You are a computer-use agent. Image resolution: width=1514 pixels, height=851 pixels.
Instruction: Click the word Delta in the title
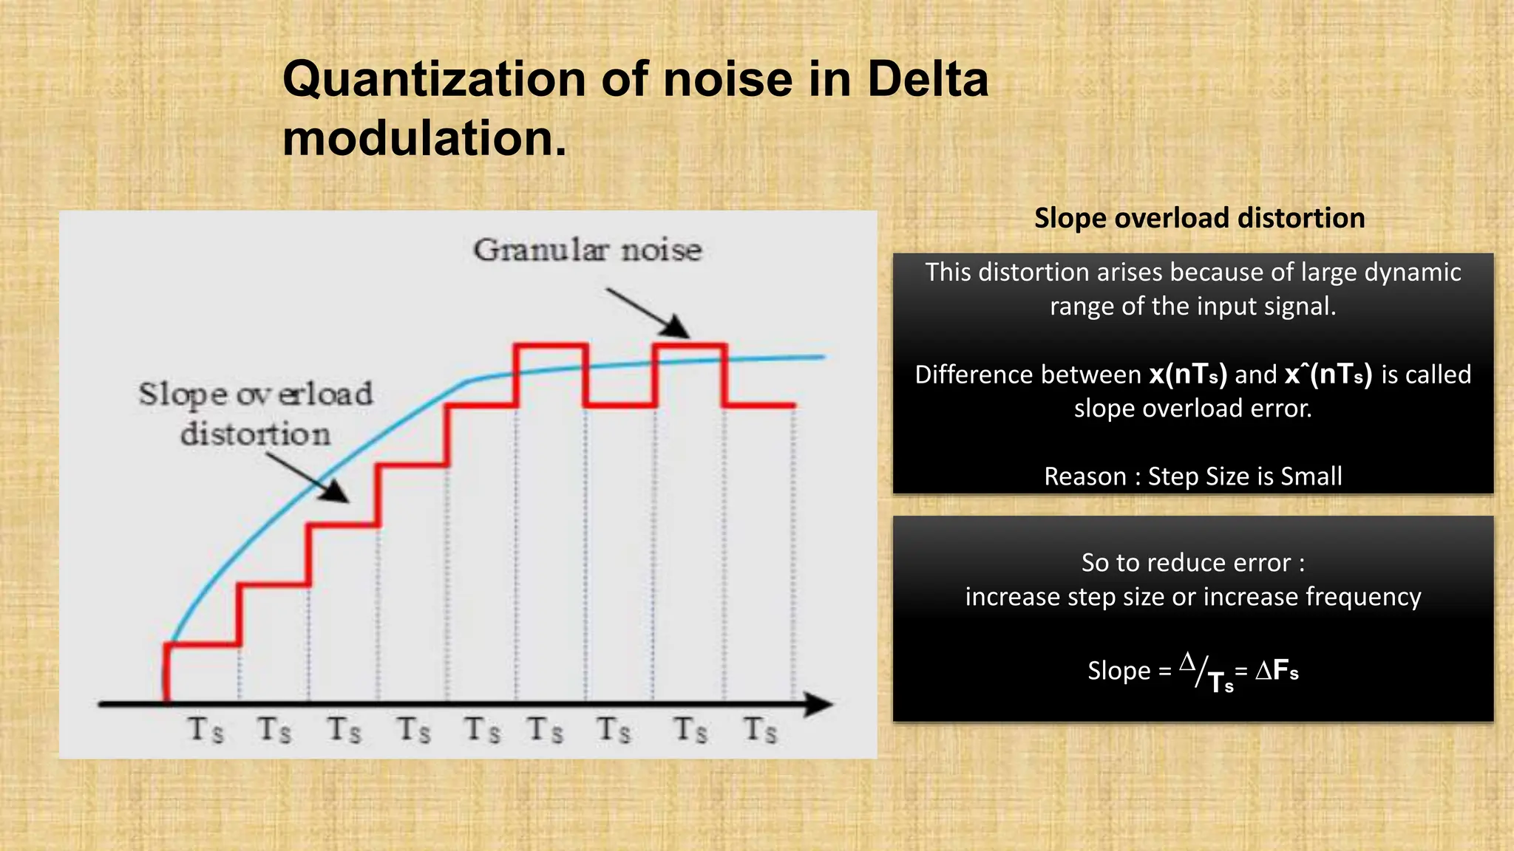(x=927, y=79)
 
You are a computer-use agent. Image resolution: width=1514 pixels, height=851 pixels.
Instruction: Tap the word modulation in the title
(x=424, y=139)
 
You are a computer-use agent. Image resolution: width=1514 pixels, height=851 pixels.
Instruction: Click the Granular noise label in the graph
(x=588, y=250)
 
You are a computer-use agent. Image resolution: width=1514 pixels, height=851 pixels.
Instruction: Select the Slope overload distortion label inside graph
(x=256, y=414)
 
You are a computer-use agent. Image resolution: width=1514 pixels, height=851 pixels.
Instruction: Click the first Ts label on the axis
(x=206, y=730)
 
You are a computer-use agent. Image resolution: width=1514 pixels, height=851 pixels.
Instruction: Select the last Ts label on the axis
(x=760, y=730)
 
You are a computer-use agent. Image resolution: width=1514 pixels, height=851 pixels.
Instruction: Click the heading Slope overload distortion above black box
(x=1199, y=218)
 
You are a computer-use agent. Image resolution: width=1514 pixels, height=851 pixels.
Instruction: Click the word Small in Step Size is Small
(x=1311, y=476)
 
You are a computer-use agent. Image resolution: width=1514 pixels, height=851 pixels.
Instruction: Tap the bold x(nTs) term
(x=1187, y=375)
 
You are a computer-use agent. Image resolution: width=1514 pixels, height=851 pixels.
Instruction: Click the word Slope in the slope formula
(x=1118, y=671)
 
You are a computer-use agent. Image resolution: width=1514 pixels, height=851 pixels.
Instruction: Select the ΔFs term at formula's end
(x=1277, y=671)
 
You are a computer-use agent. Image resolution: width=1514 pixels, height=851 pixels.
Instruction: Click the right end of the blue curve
(x=823, y=357)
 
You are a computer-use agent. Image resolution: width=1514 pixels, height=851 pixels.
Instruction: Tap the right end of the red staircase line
(x=794, y=405)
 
